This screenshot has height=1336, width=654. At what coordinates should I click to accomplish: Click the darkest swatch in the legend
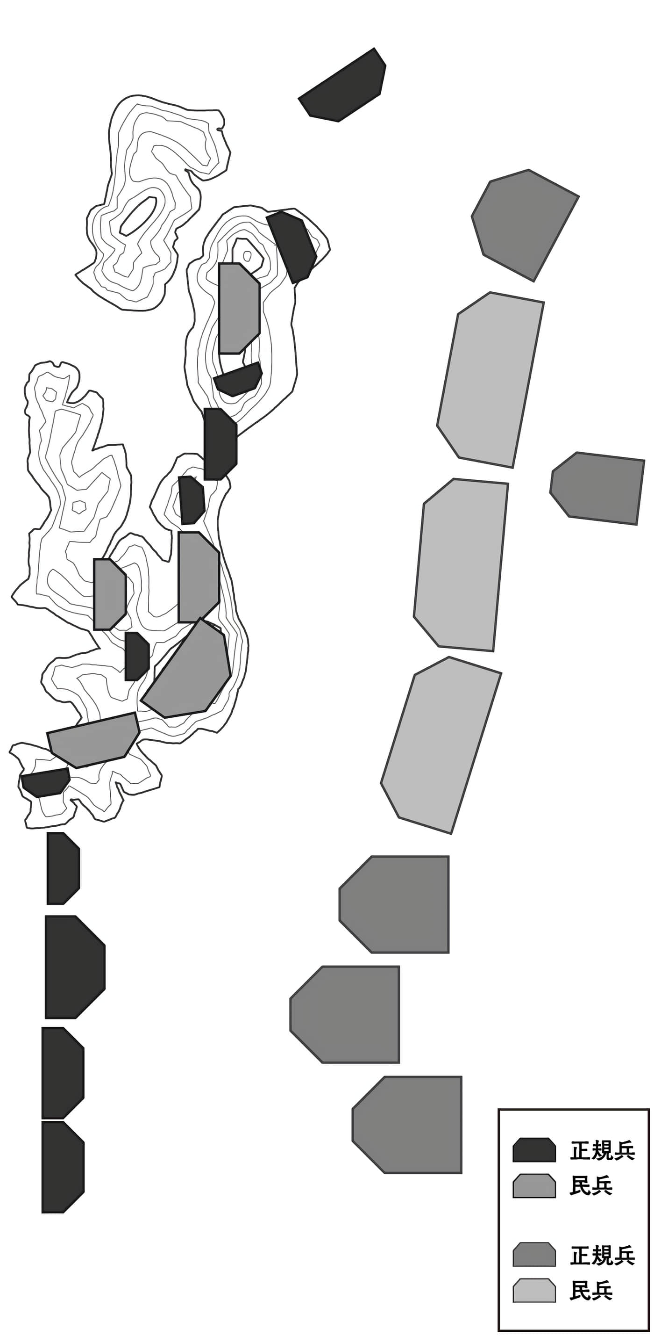click(x=534, y=1150)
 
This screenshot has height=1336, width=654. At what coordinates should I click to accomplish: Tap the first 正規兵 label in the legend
click(x=603, y=1150)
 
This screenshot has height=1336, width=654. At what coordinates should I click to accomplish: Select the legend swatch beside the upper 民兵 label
click(x=534, y=1185)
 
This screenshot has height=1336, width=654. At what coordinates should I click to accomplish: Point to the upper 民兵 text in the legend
click(x=591, y=1185)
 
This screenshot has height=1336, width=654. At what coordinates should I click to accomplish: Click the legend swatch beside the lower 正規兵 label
click(x=534, y=1255)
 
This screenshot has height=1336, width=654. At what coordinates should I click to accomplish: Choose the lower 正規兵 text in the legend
click(x=603, y=1255)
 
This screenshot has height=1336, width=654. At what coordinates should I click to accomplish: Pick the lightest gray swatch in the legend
click(x=534, y=1290)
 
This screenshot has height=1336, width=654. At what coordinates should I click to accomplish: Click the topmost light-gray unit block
click(x=490, y=380)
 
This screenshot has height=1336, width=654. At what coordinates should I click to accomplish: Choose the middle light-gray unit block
click(x=461, y=564)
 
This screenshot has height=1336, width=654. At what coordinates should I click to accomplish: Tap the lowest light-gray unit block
click(x=441, y=745)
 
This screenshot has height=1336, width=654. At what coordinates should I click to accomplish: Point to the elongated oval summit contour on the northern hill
click(x=138, y=215)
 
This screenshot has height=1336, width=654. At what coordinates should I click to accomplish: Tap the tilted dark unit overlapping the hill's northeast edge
click(x=292, y=247)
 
